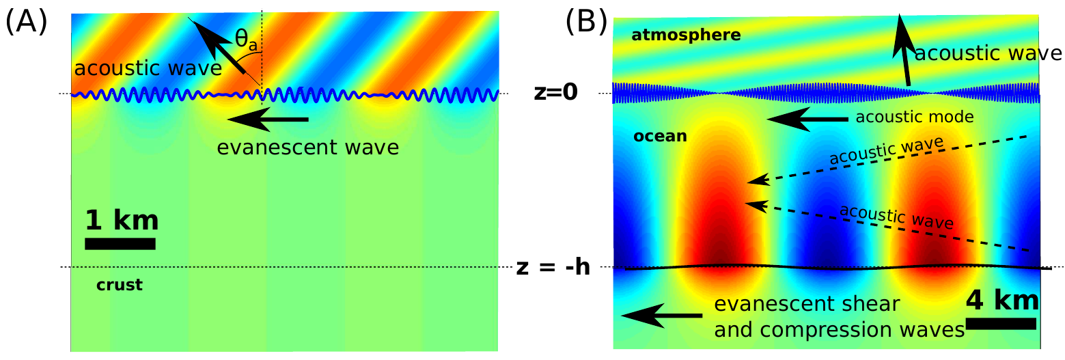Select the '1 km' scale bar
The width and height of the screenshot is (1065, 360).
pyautogui.click(x=120, y=244)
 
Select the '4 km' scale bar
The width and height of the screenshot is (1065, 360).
pyautogui.click(x=1001, y=323)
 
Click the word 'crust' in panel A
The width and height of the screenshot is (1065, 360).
pyautogui.click(x=120, y=285)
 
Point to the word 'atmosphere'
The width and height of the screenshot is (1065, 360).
pyautogui.click(x=686, y=35)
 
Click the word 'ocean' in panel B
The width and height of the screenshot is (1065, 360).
pyautogui.click(x=660, y=136)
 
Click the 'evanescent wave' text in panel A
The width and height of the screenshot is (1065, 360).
pyautogui.click(x=307, y=147)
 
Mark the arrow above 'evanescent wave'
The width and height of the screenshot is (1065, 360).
pyautogui.click(x=268, y=120)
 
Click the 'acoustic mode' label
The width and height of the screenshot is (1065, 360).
pyautogui.click(x=914, y=117)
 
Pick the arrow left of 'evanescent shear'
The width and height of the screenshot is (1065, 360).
pyautogui.click(x=661, y=316)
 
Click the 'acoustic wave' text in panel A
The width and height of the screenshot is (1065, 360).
pyautogui.click(x=148, y=69)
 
